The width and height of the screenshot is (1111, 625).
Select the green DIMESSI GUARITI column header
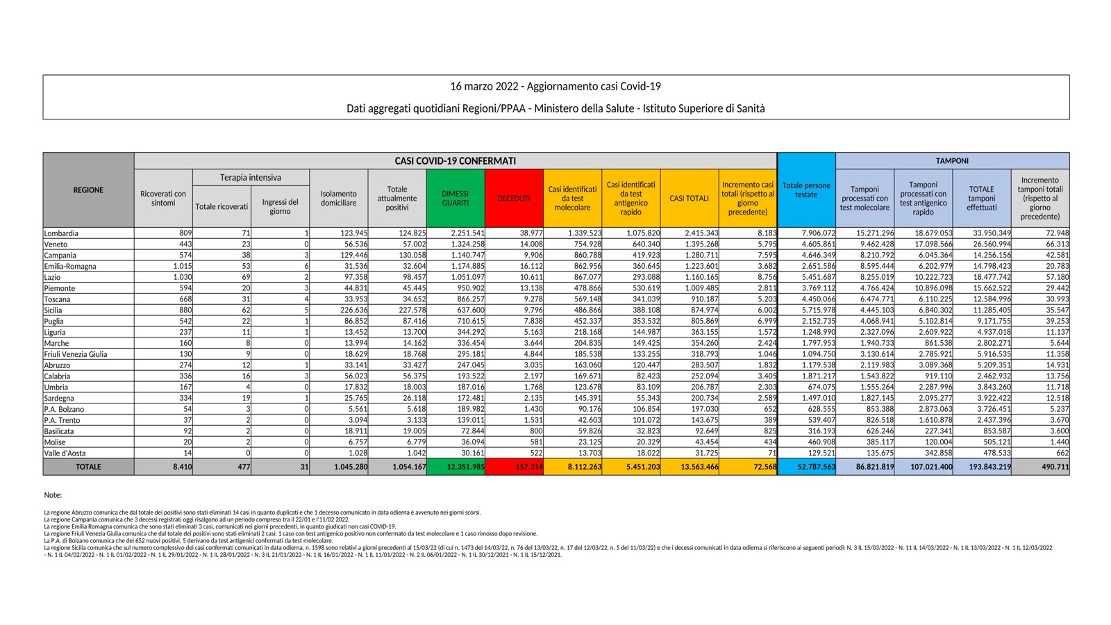click(456, 198)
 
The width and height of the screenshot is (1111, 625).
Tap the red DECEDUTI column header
click(514, 198)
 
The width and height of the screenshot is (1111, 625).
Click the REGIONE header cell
click(88, 190)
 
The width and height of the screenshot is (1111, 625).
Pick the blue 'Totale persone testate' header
click(806, 190)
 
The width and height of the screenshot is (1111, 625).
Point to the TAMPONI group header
click(952, 160)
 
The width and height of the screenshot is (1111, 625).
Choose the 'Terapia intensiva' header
click(251, 178)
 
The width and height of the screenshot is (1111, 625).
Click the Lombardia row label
click(61, 233)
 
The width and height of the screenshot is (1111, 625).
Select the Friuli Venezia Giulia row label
click(76, 354)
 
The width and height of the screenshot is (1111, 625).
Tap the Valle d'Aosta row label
click(65, 453)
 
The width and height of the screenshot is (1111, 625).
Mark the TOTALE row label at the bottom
click(88, 467)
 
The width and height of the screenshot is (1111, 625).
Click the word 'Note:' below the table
click(53, 495)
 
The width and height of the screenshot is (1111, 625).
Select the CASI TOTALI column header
click(689, 198)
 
